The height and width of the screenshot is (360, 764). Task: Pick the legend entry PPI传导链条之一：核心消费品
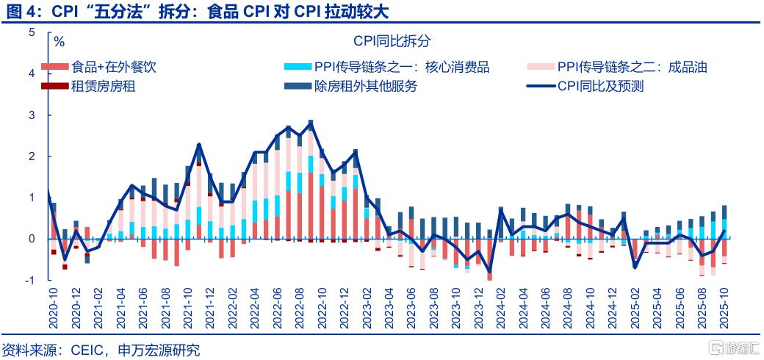(x=401, y=68)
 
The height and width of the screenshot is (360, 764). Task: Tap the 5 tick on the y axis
(x=31, y=32)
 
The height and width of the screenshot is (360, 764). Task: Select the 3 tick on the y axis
(x=31, y=115)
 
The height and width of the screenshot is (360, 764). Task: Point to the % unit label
(x=60, y=41)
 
